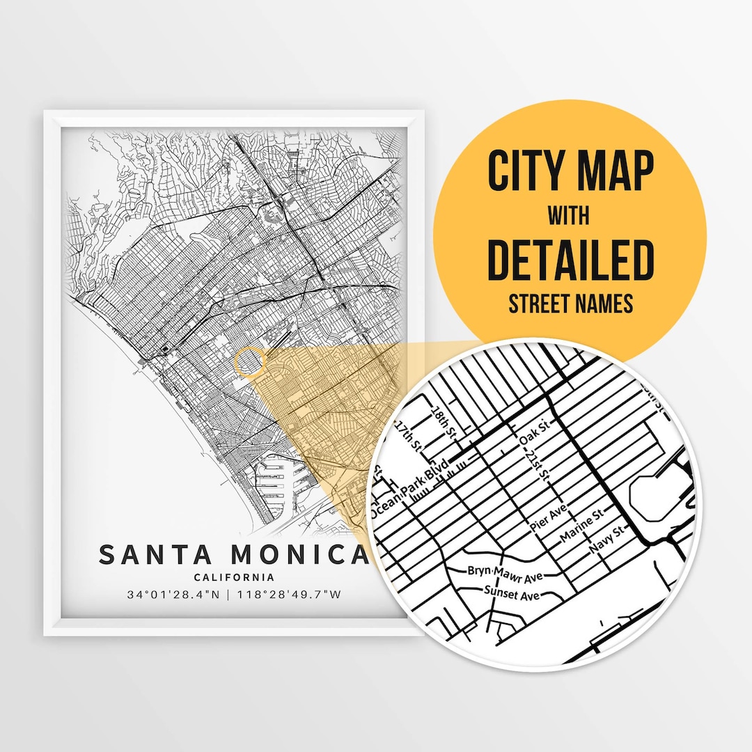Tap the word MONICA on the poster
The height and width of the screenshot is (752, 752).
coord(299,554)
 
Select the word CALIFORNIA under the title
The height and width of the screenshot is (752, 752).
coord(234,577)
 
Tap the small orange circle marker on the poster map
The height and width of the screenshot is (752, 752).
coord(250,363)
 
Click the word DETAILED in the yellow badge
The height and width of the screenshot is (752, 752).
coord(570,259)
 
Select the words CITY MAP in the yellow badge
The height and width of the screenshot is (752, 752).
coord(570,171)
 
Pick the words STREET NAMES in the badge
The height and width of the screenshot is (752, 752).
coord(570,304)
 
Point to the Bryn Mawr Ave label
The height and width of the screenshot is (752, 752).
coord(504,573)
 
